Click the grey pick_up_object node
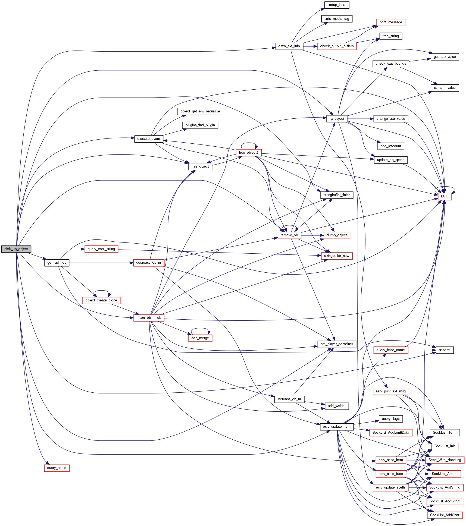(16, 249)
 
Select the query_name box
(57, 468)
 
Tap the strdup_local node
(337, 5)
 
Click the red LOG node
(445, 196)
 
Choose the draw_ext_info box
(289, 46)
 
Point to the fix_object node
(337, 119)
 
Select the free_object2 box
(249, 153)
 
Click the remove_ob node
(289, 235)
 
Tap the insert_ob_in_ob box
(149, 318)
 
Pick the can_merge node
(200, 338)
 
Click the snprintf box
(445, 350)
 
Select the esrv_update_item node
(337, 427)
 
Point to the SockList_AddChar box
(445, 515)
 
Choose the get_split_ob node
(57, 263)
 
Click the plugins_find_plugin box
(200, 125)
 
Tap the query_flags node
(390, 419)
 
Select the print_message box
(390, 22)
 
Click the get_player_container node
(337, 344)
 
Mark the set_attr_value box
(445, 88)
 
